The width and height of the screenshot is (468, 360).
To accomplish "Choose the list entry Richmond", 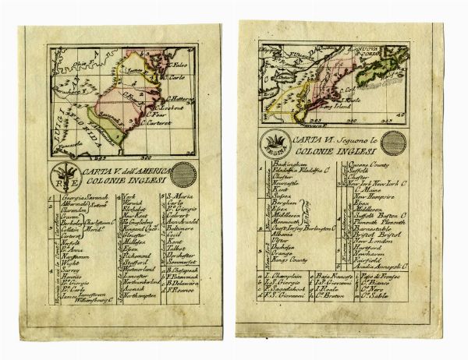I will [114, 277].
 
